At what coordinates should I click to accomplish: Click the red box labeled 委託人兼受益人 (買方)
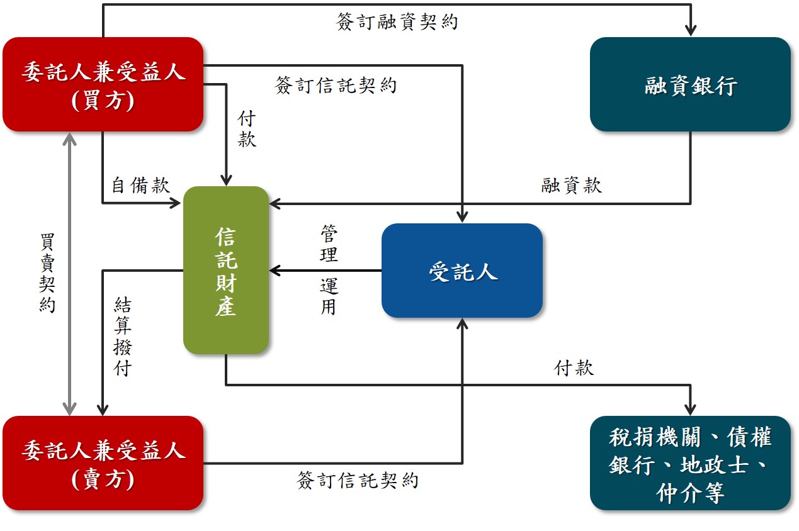(103, 84)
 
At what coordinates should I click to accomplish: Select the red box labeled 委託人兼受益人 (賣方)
(103, 463)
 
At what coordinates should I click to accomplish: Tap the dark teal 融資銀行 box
(690, 84)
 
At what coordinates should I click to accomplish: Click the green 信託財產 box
(226, 270)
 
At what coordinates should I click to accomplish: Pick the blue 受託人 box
(462, 271)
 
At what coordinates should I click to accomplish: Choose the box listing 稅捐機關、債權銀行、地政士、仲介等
(690, 463)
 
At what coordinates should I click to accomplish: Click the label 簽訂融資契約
(397, 22)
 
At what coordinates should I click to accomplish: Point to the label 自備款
(140, 185)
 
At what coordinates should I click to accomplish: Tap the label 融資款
(571, 185)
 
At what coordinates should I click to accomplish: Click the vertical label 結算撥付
(123, 337)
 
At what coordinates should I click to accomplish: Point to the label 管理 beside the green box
(329, 245)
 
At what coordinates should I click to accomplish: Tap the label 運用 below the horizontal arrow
(329, 296)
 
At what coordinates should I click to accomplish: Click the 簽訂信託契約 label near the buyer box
(336, 85)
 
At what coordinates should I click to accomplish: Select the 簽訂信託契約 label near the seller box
(358, 481)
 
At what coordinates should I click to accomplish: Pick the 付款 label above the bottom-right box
(574, 368)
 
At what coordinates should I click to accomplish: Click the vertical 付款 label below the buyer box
(247, 129)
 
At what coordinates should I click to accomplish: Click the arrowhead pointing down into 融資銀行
(691, 30)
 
